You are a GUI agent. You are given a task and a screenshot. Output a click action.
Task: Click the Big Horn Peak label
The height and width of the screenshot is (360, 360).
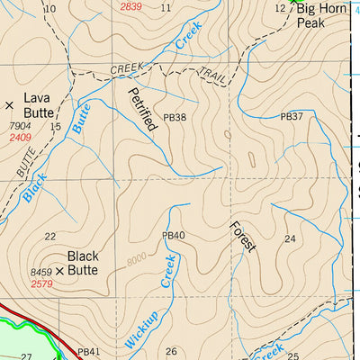click(x=319, y=15)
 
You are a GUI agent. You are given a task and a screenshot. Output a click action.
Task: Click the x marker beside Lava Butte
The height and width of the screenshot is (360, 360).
click(x=10, y=105)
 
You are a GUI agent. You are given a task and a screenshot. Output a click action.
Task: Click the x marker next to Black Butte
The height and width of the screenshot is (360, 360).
click(x=60, y=270)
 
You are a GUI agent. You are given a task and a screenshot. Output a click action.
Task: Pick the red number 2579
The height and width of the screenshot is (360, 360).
click(x=41, y=283)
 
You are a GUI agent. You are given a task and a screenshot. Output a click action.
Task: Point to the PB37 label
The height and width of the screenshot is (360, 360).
click(x=292, y=117)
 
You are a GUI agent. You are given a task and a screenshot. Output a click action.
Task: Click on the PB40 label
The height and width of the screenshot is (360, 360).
click(x=173, y=236)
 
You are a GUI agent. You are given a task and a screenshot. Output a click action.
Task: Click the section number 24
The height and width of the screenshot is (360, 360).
click(x=289, y=238)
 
